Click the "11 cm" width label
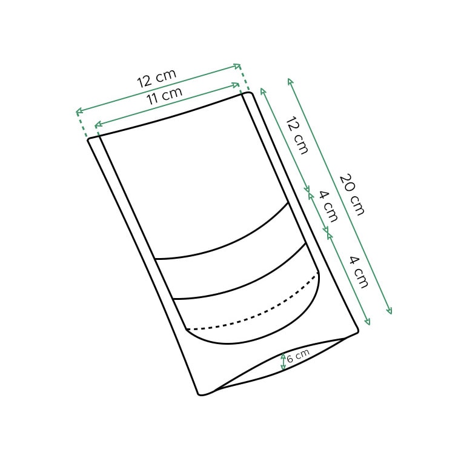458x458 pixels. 164,96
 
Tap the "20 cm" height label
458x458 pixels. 352,194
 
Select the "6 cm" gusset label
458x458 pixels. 298,356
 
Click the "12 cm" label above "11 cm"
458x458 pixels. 156,78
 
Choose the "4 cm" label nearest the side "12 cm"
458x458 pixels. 328,206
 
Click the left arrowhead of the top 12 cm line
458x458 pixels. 78,111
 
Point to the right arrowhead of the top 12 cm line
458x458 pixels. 239,65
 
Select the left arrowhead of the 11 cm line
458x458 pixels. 96,125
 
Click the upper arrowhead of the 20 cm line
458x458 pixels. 290,80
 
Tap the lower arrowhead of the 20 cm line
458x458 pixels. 390,313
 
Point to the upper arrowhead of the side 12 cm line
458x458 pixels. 262,89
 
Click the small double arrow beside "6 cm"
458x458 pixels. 283,362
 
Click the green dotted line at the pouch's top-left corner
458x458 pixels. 83,126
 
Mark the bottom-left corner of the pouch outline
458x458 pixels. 201,394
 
